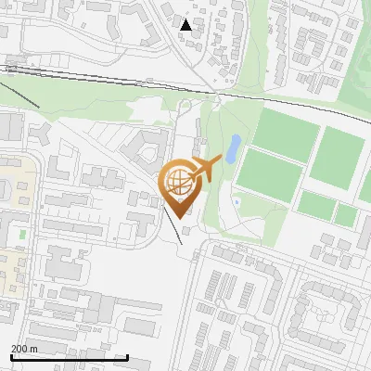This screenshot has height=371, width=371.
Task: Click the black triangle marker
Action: tap(185, 24)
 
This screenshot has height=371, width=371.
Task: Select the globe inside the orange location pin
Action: tap(177, 179)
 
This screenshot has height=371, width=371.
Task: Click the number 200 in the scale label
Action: tap(19, 349)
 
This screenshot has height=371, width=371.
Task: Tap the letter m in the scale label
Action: tap(33, 349)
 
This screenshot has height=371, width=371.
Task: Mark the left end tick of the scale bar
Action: tap(10, 356)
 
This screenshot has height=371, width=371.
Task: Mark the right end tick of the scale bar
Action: tap(127, 356)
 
